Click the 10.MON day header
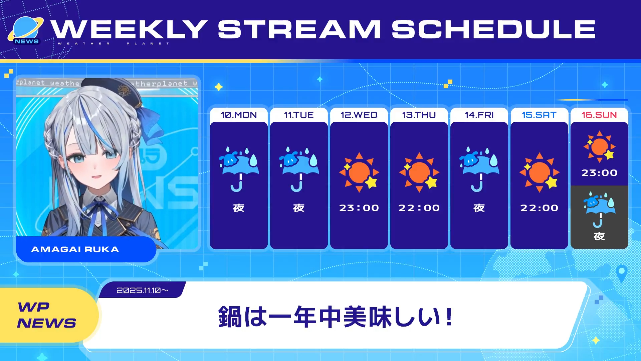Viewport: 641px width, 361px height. coord(239,115)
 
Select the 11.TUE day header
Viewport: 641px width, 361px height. coord(299,115)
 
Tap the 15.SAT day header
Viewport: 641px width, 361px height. coord(539,115)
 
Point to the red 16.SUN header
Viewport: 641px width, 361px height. coord(599,115)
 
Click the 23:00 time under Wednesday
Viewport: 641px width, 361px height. coord(359,208)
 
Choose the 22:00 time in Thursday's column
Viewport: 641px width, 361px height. coord(419,208)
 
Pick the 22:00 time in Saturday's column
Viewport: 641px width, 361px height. coord(539,208)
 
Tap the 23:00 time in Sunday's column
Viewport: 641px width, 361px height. coord(599,173)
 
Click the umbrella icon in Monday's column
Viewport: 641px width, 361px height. coord(239,169)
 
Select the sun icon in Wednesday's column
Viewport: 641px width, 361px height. coord(359,172)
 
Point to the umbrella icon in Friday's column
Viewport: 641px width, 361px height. coord(479,169)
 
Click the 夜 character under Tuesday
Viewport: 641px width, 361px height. coord(299,208)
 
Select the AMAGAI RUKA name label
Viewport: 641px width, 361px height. coord(75,249)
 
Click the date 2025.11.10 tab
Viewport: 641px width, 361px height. coord(142,290)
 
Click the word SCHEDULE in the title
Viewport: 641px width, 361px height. coord(493,29)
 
